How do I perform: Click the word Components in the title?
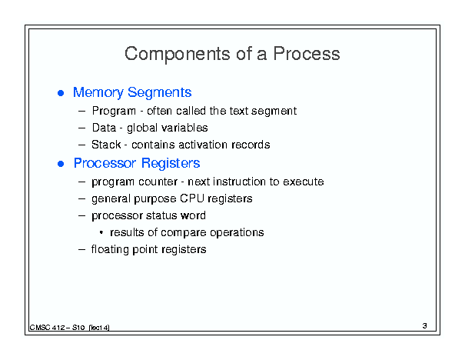point(178,55)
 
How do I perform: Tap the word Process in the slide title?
point(307,54)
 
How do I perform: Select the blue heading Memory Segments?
point(132,92)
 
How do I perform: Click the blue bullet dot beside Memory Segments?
point(61,93)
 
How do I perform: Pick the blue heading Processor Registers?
point(137,163)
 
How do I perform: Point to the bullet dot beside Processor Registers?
point(61,164)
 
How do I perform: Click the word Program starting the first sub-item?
point(114,112)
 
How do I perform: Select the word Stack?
point(106,145)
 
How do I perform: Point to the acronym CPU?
point(192,198)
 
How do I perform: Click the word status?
point(161,215)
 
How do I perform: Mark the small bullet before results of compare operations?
point(101,232)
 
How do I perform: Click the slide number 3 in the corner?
point(425,326)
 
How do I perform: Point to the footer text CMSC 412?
point(47,328)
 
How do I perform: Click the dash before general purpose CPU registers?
point(81,198)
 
